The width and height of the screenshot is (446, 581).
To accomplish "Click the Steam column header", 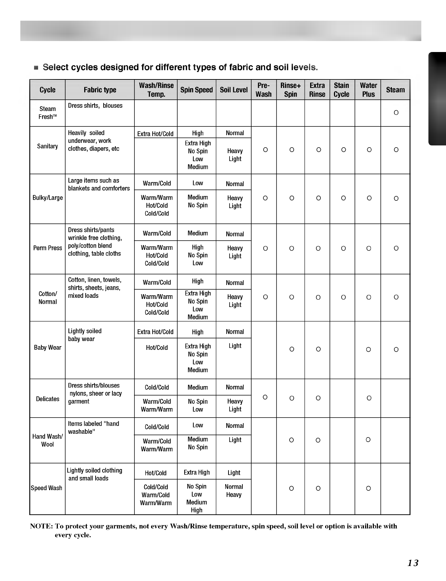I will [x=395, y=90].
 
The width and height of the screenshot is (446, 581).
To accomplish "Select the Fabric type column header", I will [x=100, y=90].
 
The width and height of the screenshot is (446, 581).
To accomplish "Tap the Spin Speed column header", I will [x=196, y=90].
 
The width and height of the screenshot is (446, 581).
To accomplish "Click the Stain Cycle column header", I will [x=341, y=90].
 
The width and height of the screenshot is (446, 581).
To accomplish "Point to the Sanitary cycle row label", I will [x=47, y=146].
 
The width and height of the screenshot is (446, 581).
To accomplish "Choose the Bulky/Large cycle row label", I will [x=48, y=198].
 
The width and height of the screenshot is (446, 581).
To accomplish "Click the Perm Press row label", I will [x=48, y=248].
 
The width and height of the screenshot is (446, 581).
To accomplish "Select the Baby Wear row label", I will [x=48, y=347].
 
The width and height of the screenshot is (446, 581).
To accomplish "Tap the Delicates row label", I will [x=48, y=399].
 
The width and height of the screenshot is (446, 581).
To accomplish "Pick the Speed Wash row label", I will [x=47, y=488].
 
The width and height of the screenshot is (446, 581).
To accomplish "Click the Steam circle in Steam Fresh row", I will [x=396, y=113].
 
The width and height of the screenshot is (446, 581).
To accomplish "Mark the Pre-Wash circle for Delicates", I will [x=265, y=397].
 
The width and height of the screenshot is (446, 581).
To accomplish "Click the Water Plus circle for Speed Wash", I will [x=368, y=488].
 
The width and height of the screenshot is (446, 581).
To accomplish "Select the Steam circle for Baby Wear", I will [x=396, y=349].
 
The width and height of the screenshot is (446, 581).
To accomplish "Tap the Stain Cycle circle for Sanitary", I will [x=343, y=150].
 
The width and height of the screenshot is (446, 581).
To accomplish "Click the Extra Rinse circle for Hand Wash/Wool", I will [x=318, y=440].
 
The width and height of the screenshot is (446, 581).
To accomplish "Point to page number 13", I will [x=413, y=563].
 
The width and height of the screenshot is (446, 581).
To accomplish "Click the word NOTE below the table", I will [x=41, y=526].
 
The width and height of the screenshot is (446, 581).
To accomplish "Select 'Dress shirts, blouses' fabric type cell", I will [x=95, y=106].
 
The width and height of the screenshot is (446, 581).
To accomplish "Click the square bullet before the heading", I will [x=36, y=68].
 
